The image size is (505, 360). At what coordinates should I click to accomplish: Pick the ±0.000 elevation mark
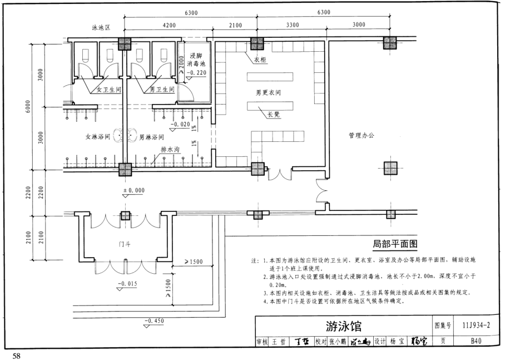133,190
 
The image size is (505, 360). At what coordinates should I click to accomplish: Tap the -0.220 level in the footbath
197,73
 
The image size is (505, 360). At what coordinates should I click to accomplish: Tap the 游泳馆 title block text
343,325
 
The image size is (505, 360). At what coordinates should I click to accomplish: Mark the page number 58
12,355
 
